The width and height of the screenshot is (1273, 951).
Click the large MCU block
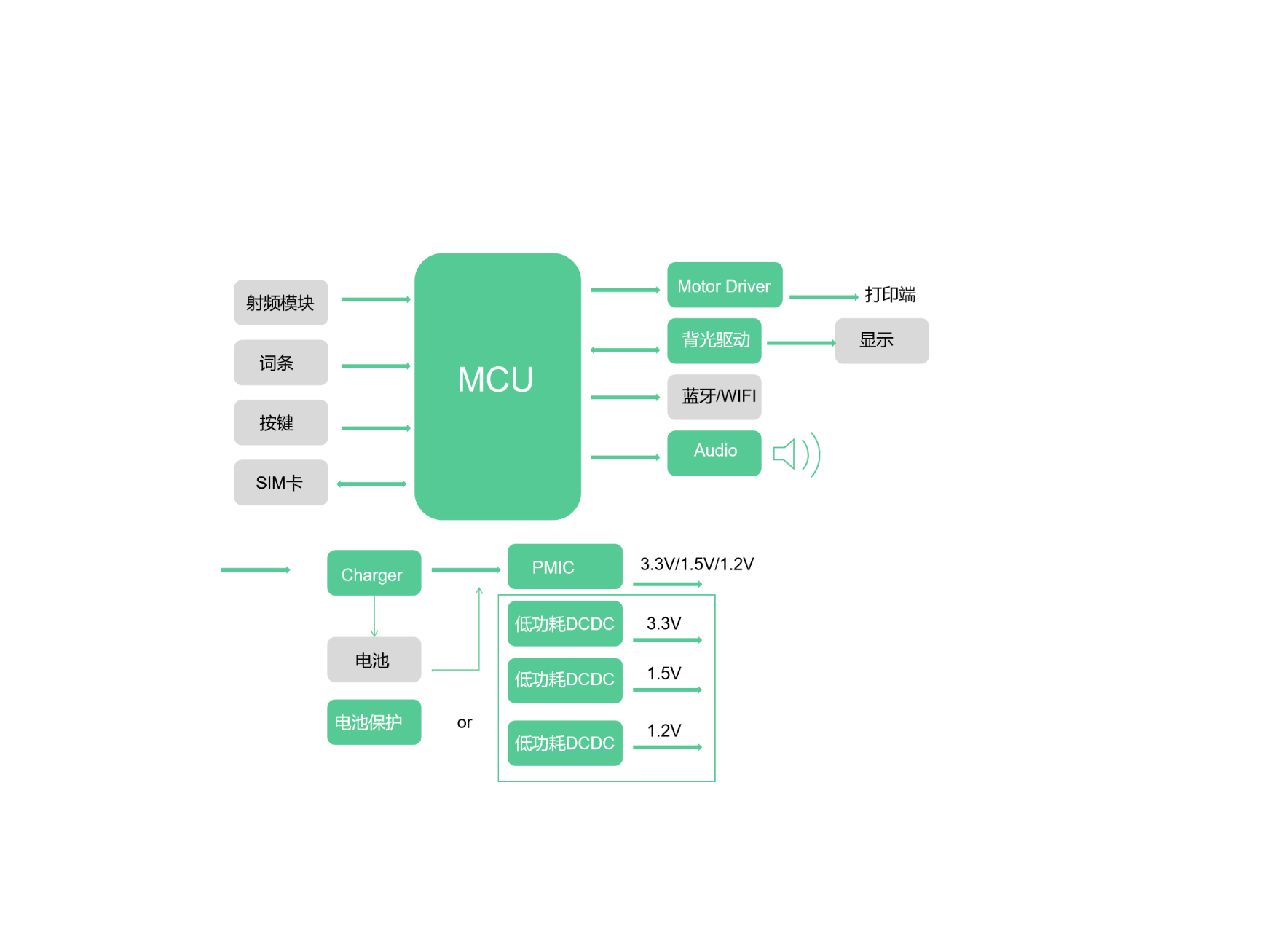pyautogui.click(x=497, y=386)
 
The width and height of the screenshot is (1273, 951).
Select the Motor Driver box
pyautogui.click(x=725, y=285)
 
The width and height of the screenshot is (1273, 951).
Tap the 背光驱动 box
pyautogui.click(x=714, y=341)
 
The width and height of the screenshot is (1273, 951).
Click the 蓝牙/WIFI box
pyautogui.click(x=714, y=397)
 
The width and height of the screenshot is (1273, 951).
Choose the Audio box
pyautogui.click(x=714, y=453)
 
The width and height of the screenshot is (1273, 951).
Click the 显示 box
pyautogui.click(x=882, y=341)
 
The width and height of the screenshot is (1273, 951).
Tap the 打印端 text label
pyautogui.click(x=890, y=294)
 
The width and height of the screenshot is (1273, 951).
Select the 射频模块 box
pyautogui.click(x=281, y=302)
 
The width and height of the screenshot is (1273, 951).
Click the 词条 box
pyautogui.click(x=281, y=363)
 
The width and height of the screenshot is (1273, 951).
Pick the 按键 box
pyautogui.click(x=281, y=422)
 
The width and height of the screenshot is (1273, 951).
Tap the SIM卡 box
pyautogui.click(x=281, y=482)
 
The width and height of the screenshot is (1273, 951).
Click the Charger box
pyautogui.click(x=374, y=572)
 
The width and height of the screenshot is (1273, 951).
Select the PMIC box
pyautogui.click(x=565, y=567)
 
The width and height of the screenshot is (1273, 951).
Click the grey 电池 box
pyautogui.click(x=374, y=660)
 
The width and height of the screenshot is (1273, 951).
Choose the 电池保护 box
pyautogui.click(x=374, y=722)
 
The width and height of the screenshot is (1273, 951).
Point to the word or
pyautogui.click(x=465, y=722)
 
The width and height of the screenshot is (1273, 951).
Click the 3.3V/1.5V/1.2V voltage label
pyautogui.click(x=697, y=564)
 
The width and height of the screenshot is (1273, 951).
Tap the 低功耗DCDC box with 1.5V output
pyautogui.click(x=565, y=681)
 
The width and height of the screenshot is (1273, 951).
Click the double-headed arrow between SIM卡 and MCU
pyautogui.click(x=371, y=484)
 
